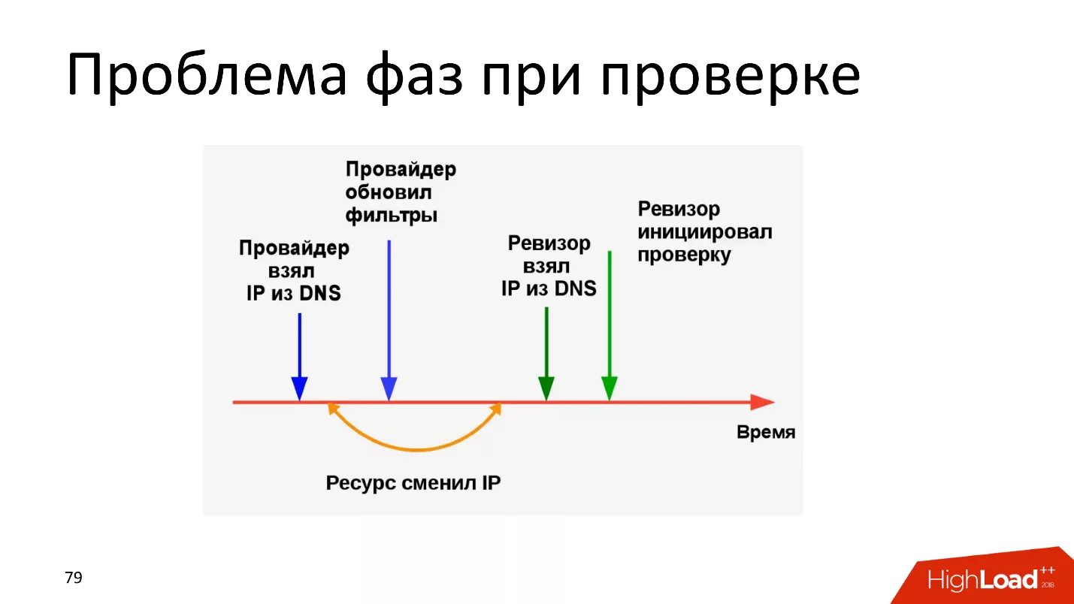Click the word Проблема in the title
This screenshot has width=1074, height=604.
[206, 75]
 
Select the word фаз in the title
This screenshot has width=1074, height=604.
[414, 75]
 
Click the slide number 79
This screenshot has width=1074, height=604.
[74, 578]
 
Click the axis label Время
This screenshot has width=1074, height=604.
[765, 433]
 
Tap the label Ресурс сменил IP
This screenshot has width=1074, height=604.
[413, 483]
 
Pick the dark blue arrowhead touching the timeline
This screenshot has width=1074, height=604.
[299, 388]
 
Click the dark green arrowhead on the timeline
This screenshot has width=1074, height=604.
[546, 388]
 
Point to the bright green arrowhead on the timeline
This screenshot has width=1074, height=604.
[610, 388]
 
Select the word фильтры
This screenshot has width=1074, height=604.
[392, 216]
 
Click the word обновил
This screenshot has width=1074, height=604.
[389, 192]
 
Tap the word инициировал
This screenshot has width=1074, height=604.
[704, 231]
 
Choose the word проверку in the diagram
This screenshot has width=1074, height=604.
[684, 255]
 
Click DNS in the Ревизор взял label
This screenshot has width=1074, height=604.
[575, 288]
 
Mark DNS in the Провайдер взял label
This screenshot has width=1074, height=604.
[319, 293]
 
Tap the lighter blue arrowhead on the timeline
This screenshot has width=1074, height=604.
[389, 388]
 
